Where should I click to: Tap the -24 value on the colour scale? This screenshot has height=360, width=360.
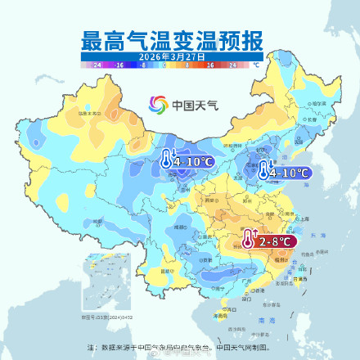97,63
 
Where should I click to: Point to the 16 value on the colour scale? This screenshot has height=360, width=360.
209,63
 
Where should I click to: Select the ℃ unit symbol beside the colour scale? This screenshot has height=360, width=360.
255,63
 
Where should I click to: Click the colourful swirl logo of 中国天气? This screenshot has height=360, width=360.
158,105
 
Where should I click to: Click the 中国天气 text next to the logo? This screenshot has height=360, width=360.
191,105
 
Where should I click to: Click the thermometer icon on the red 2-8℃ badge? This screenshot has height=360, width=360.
248,240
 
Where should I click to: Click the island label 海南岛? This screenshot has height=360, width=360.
219,314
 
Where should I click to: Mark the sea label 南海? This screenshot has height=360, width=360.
262,322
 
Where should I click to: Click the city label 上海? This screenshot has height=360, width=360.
304,219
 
